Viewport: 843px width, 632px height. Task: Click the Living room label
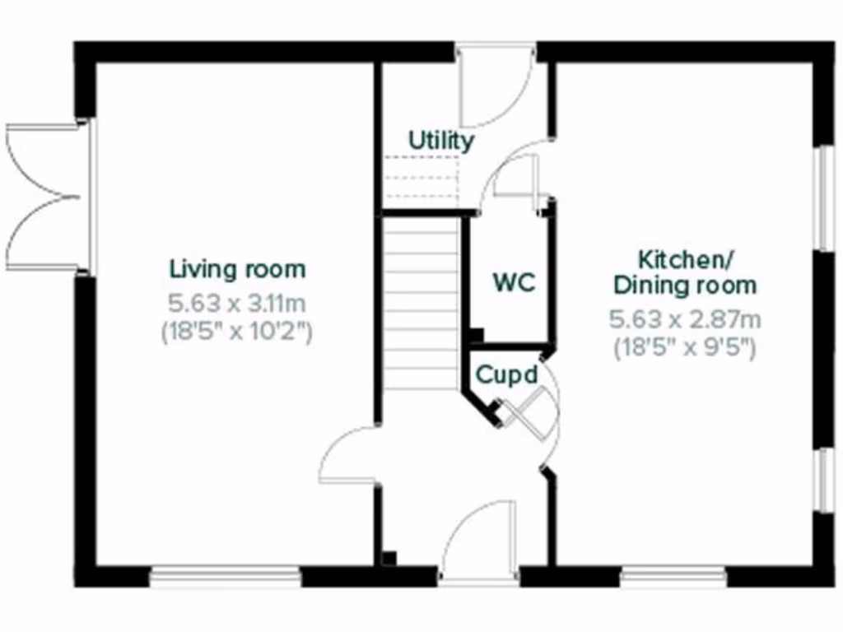[237, 269]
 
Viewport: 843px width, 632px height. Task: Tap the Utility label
[441, 141]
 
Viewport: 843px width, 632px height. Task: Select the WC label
[514, 282]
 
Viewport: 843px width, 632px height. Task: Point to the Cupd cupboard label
[507, 375]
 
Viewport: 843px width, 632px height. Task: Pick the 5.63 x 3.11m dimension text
[237, 303]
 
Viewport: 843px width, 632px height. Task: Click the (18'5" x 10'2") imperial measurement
[237, 332]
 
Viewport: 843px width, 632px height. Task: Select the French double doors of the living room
[45, 197]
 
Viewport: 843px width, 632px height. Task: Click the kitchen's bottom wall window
[673, 576]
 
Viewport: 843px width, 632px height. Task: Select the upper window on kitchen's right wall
[822, 197]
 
